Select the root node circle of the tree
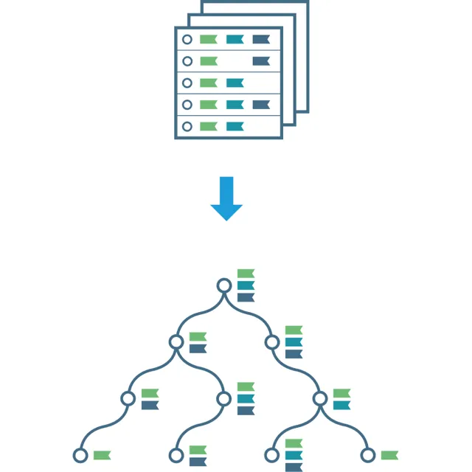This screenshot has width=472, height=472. (x=224, y=285)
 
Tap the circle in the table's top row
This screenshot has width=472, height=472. (x=187, y=40)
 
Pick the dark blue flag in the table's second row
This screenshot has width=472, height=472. (x=261, y=61)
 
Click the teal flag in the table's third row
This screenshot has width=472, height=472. (x=235, y=83)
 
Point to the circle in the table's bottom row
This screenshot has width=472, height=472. (x=187, y=126)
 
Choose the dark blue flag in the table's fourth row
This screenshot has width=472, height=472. (x=261, y=105)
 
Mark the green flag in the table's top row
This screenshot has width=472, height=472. (x=208, y=40)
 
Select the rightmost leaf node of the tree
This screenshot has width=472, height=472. (x=367, y=455)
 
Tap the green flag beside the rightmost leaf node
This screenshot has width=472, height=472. (x=389, y=455)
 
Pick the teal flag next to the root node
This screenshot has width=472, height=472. (x=246, y=285)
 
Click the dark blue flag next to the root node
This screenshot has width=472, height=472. (x=246, y=297)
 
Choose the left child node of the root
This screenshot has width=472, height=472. (x=176, y=342)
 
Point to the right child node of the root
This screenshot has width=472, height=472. (x=272, y=342)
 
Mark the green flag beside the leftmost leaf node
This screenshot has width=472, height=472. (x=102, y=455)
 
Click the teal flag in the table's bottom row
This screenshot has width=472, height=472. (x=235, y=126)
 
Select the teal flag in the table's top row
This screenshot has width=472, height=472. (x=235, y=40)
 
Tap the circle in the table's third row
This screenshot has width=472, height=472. (x=187, y=83)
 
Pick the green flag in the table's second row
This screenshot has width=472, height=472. (x=208, y=61)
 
